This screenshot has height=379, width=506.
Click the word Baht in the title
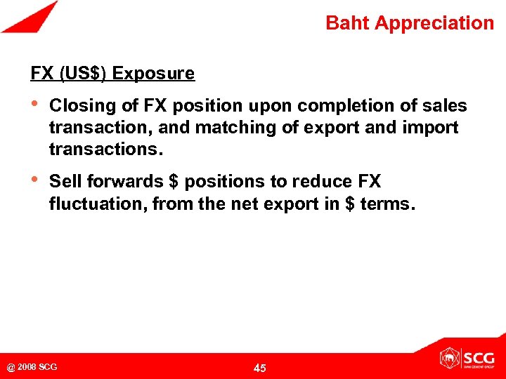point(347,23)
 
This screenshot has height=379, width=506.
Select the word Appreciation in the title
point(434,23)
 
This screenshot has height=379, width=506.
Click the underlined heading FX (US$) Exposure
point(112,73)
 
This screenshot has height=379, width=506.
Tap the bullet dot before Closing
point(34,105)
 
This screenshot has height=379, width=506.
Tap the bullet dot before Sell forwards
point(34,181)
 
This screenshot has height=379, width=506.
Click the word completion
point(342,106)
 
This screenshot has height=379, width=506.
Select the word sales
point(446,106)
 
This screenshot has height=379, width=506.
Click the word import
point(433,128)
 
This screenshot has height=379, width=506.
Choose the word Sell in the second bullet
point(65,182)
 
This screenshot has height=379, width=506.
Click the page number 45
point(259,368)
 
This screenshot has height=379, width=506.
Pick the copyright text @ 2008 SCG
point(32,367)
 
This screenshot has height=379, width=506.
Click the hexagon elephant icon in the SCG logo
point(449,359)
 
